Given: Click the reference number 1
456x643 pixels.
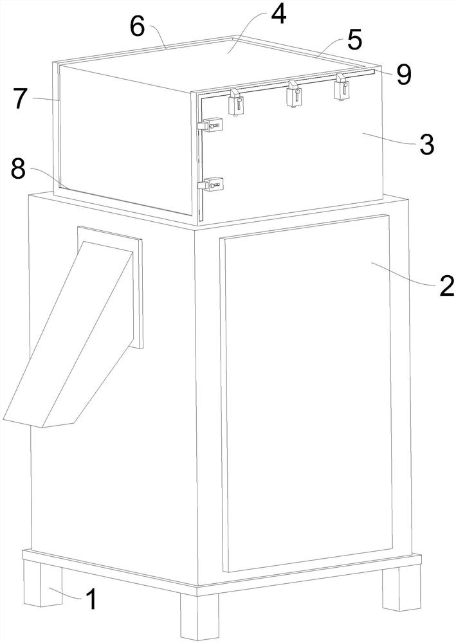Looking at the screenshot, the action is [x=92, y=599].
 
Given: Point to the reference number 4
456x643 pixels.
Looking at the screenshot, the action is [x=278, y=16].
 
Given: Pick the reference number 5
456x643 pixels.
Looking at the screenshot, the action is [x=354, y=40].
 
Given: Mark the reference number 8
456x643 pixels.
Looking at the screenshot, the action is [x=18, y=169].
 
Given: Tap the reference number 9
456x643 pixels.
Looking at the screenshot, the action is [x=403, y=75].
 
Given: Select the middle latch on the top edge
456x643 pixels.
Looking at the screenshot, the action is [x=294, y=94].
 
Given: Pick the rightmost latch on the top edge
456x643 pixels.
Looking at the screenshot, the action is [x=341, y=87].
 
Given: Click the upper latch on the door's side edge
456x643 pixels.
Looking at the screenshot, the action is [x=210, y=125].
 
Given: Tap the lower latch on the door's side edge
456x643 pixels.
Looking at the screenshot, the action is [x=210, y=184].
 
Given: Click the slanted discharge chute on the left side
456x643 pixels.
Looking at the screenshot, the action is [x=68, y=334].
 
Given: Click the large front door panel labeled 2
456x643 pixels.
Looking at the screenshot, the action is [x=307, y=392].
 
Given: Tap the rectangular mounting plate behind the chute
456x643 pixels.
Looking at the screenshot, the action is [x=111, y=287].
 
